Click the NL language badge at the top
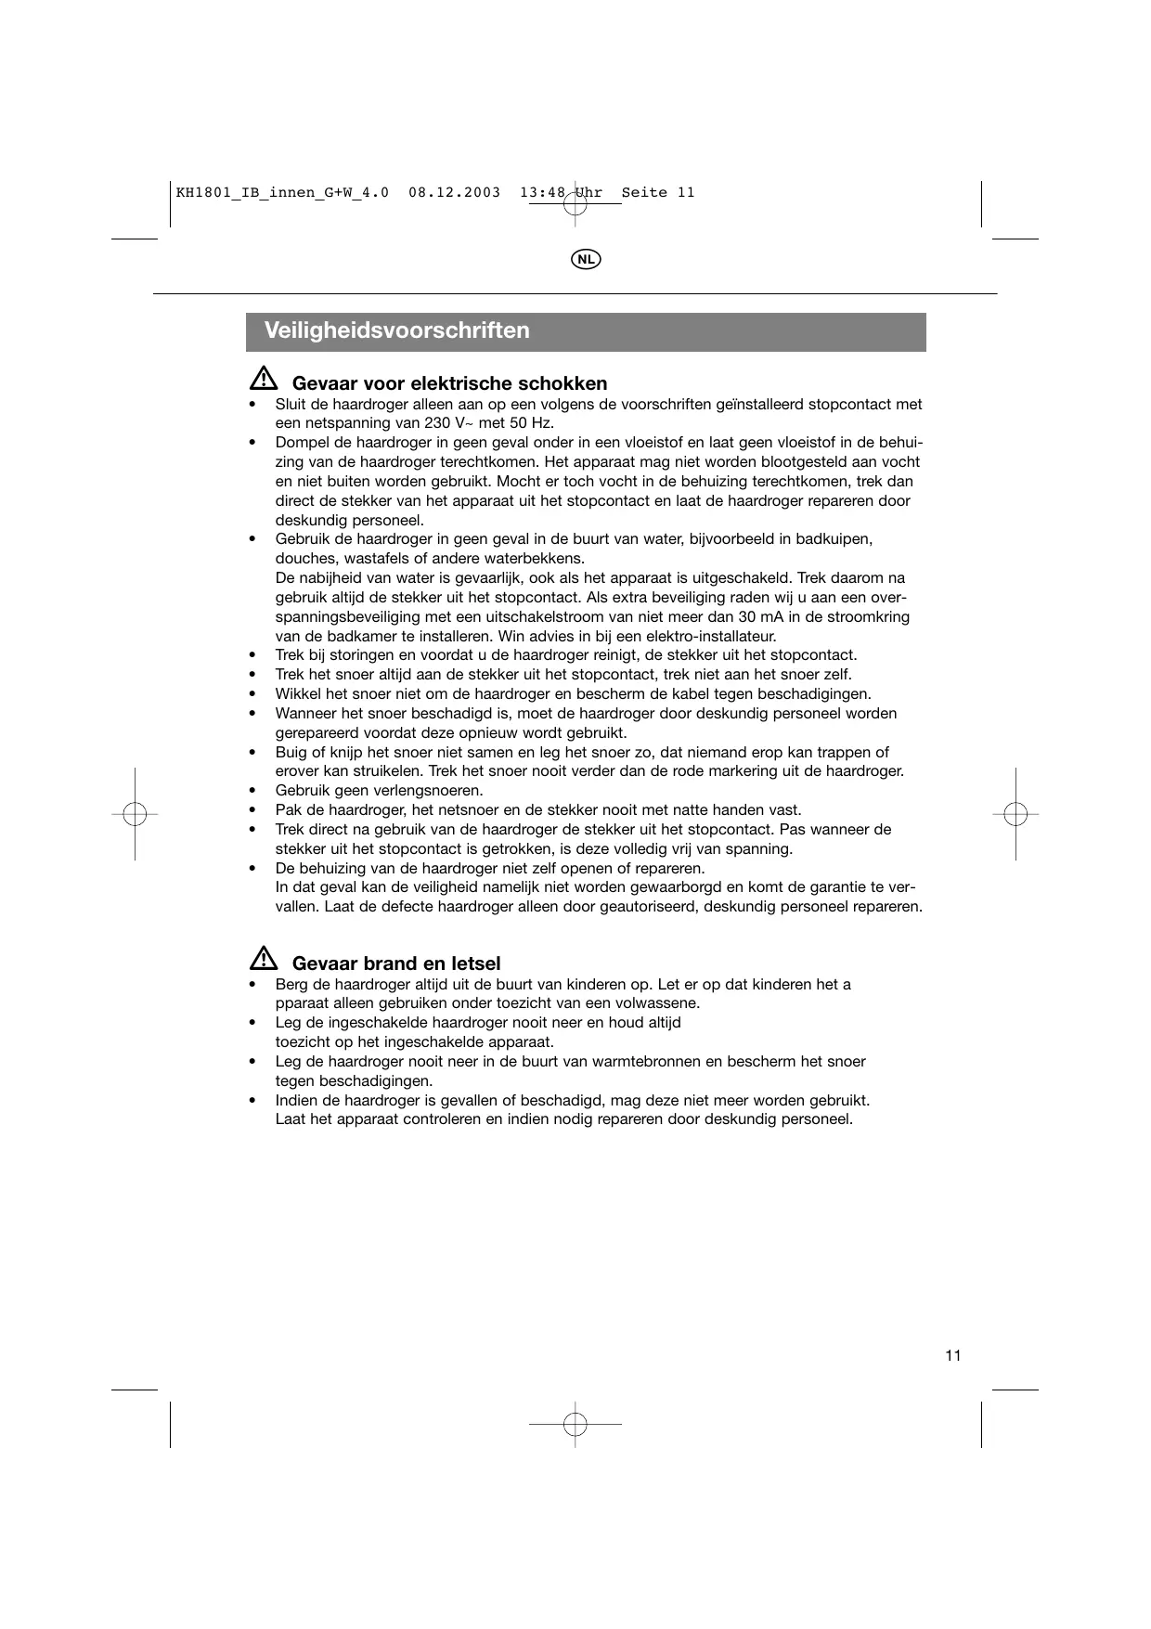tap(585, 259)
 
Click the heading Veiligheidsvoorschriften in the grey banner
tap(396, 330)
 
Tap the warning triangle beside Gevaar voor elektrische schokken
tap(264, 380)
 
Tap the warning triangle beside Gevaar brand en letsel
tap(264, 960)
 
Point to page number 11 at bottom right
tap(953, 1355)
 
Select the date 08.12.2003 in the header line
tap(454, 193)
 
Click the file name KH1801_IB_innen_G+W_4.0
tap(282, 193)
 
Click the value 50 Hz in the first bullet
tap(530, 423)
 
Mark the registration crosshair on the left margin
tap(135, 814)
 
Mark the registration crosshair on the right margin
tap(1015, 814)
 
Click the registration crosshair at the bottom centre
tap(575, 1423)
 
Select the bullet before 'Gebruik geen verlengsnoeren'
tap(252, 791)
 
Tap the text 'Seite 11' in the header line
tap(657, 193)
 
